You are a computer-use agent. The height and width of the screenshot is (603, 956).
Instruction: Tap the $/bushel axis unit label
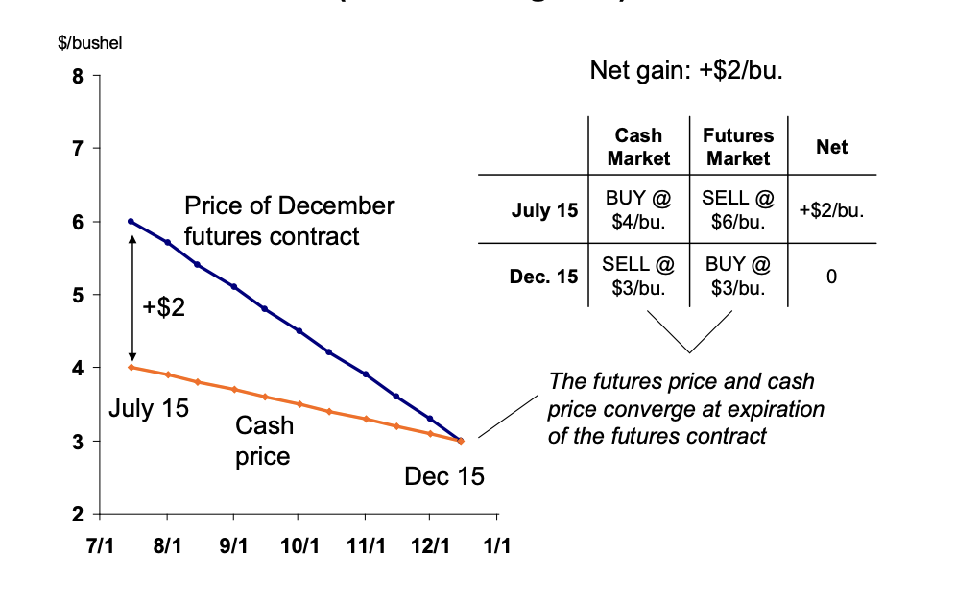pyautogui.click(x=92, y=43)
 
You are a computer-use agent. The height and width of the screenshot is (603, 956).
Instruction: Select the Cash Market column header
pyautogui.click(x=638, y=147)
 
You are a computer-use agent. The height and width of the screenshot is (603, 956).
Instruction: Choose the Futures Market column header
pyautogui.click(x=738, y=147)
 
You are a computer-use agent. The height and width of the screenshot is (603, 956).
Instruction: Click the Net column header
pyautogui.click(x=831, y=147)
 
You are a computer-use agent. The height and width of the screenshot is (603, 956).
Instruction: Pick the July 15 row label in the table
pyautogui.click(x=544, y=210)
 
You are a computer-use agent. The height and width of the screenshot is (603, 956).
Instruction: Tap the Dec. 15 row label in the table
pyautogui.click(x=544, y=277)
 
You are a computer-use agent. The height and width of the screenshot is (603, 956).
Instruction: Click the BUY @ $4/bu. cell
pyautogui.click(x=638, y=210)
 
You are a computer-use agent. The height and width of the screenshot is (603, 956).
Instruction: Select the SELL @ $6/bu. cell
pyautogui.click(x=738, y=210)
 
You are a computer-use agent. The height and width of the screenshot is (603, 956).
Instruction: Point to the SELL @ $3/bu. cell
pyautogui.click(x=638, y=275)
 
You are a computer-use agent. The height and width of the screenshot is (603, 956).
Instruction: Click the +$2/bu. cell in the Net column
pyautogui.click(x=831, y=210)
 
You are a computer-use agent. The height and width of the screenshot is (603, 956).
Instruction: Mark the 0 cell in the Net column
pyautogui.click(x=831, y=277)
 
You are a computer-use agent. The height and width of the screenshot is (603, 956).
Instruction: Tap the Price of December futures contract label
pyautogui.click(x=288, y=220)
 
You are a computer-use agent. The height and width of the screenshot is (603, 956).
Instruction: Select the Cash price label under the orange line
pyautogui.click(x=262, y=440)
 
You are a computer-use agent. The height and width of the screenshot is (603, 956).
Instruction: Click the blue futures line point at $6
pyautogui.click(x=131, y=221)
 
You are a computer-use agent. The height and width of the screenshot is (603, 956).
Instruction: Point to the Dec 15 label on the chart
pyautogui.click(x=444, y=476)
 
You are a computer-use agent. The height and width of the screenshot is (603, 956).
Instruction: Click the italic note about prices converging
pyautogui.click(x=685, y=409)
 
